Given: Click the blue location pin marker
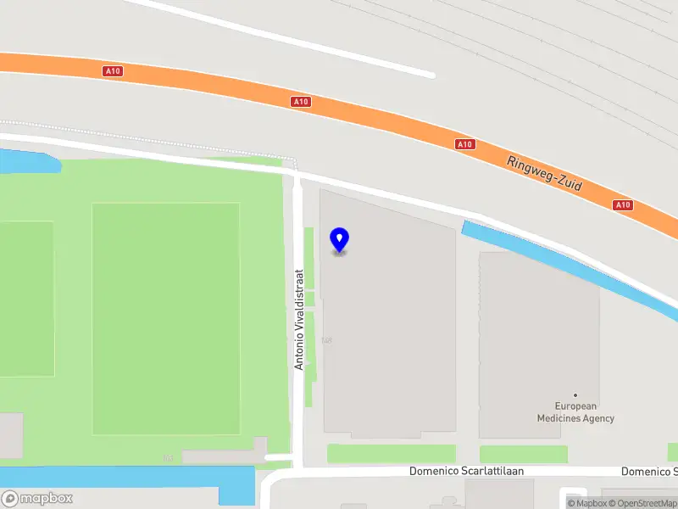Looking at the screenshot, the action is coord(339,240).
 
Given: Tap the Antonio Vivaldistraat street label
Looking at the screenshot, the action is coord(298,319).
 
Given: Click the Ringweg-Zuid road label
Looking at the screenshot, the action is coord(545,173).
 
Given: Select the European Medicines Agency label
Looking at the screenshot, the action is coord(575,412).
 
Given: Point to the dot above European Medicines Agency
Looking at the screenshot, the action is coord(575,394).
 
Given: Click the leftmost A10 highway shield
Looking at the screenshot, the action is coord(114,71).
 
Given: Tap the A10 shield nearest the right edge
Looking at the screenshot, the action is coord(623,204).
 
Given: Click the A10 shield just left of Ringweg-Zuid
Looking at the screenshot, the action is coord(464,144).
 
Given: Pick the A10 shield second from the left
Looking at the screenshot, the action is coord(300,102).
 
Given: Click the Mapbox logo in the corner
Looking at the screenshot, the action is coord(38,499).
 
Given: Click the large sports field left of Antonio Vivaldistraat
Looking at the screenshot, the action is coord(165,318).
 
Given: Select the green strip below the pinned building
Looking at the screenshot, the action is coord(391,454).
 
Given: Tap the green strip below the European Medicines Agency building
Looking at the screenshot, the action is coord(523,454).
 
